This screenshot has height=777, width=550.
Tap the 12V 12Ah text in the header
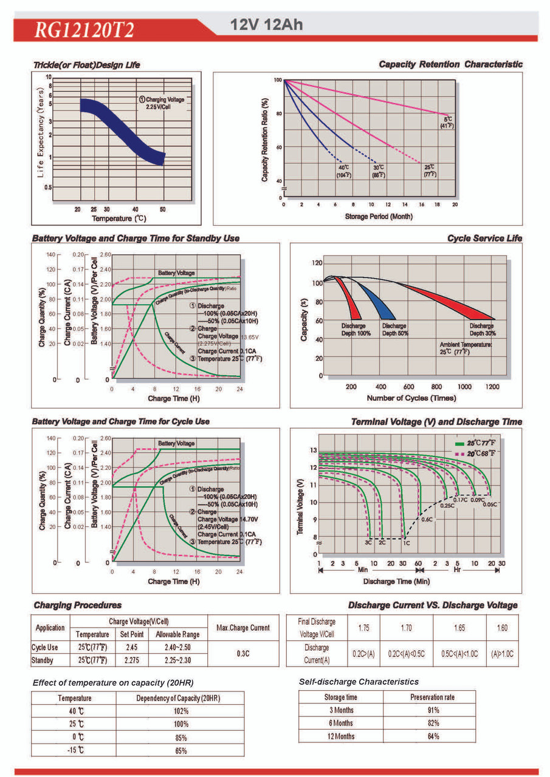pyautogui.click(x=266, y=25)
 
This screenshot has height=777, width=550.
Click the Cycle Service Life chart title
pyautogui.click(x=484, y=239)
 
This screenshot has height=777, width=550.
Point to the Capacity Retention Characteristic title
pyautogui.click(x=450, y=64)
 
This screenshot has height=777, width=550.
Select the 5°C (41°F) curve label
pyautogui.click(x=449, y=122)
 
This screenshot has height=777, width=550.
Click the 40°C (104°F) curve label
pyautogui.click(x=343, y=171)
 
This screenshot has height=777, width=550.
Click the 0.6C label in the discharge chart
pyautogui.click(x=427, y=520)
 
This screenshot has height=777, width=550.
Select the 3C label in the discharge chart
pyautogui.click(x=368, y=542)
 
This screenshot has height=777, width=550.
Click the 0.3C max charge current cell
pyautogui.click(x=242, y=654)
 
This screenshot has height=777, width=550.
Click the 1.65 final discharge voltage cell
pyautogui.click(x=459, y=628)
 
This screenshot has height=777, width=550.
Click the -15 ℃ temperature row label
pyautogui.click(x=75, y=750)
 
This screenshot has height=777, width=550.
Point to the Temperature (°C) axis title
pyautogui.click(x=119, y=218)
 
